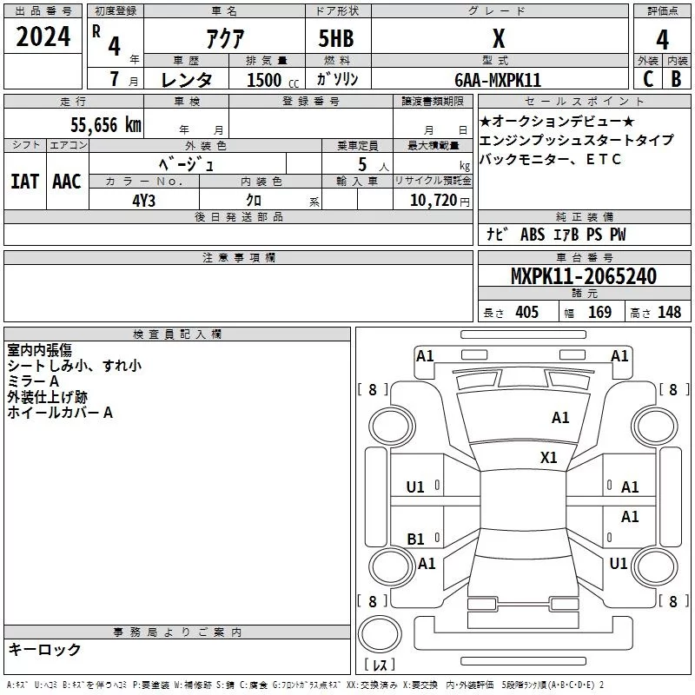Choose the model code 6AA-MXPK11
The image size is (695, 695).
(x=498, y=80)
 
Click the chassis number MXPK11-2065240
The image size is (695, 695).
(x=583, y=276)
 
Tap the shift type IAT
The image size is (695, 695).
(x=24, y=182)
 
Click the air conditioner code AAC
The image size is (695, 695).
(x=66, y=182)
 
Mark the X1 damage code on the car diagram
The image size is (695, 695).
(x=548, y=457)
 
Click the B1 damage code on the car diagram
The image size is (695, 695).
(x=416, y=539)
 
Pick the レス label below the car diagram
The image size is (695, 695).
(x=379, y=665)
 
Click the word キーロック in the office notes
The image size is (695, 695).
(x=44, y=650)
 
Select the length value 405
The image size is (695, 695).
(x=526, y=312)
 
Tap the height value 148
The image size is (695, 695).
(x=669, y=312)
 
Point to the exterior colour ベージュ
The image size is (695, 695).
(x=187, y=162)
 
